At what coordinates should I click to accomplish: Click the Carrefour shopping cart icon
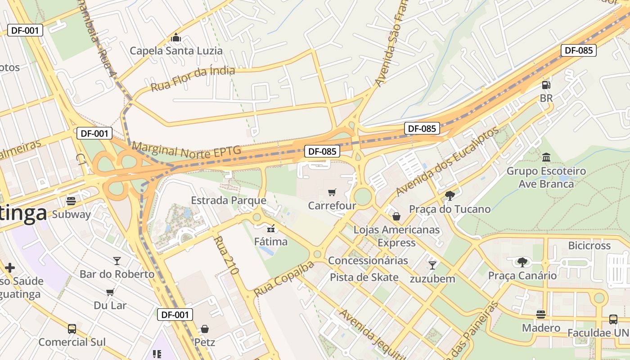coord(332,193)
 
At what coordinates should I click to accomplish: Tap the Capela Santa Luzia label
coord(176,50)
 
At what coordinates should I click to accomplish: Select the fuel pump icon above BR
coord(546,85)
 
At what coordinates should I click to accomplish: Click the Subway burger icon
coord(71,201)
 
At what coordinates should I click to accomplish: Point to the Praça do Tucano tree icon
coord(449,195)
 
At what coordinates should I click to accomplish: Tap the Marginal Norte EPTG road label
coord(186,150)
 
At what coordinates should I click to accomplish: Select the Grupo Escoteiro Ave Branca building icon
coord(546,157)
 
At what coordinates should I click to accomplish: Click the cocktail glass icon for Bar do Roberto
coord(117,261)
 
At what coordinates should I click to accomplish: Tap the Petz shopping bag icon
coord(205,329)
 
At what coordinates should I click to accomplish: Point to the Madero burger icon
coord(541,314)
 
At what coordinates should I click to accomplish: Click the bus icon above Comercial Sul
coord(72,328)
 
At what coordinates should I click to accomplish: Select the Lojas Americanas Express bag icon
coord(396,216)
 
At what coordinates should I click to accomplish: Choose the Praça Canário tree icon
coord(522,262)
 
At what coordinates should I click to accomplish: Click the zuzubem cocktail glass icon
coord(432,265)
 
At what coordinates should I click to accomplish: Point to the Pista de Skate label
coord(364,277)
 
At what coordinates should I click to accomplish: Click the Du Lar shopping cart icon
coord(110,292)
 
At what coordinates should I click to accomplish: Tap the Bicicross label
coord(589,246)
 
